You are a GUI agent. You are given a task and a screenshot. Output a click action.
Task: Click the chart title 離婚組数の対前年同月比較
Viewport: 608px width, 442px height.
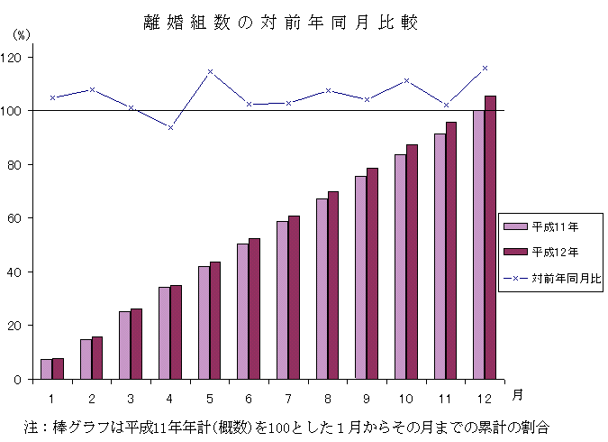tap(280, 23)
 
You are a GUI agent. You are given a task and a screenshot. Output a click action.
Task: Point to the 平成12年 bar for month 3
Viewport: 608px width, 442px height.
tap(136, 344)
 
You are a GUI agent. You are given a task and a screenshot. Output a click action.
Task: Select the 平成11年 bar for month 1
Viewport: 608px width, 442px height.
tap(46, 369)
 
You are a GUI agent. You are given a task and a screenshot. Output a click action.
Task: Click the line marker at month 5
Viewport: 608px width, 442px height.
tap(210, 71)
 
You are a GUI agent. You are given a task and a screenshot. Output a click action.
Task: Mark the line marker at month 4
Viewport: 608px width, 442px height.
tap(170, 127)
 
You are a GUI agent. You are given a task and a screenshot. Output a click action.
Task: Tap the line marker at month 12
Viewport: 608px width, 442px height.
tap(485, 68)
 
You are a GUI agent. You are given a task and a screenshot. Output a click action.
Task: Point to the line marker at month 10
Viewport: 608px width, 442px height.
tap(406, 80)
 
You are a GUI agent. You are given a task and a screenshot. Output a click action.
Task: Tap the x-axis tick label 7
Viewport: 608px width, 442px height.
tap(288, 397)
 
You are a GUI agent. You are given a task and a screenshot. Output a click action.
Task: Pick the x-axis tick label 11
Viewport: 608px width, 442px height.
tap(446, 397)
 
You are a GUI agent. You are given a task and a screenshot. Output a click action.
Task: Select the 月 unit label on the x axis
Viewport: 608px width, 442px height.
tap(517, 395)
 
